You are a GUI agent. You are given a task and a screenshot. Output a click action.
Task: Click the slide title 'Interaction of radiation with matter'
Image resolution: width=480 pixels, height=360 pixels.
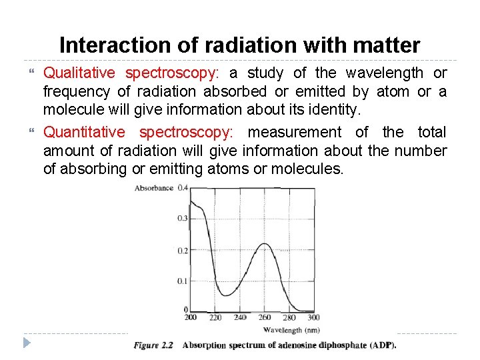(x=240, y=45)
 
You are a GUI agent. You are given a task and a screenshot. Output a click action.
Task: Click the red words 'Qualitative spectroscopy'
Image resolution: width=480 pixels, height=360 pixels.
(x=131, y=73)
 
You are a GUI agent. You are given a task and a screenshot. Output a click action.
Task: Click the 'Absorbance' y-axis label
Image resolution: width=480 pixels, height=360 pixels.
(x=154, y=189)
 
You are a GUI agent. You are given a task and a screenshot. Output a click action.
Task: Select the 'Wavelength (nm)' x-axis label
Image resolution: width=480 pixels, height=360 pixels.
(x=291, y=329)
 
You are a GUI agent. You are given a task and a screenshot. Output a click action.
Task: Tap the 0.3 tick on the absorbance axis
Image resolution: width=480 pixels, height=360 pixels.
(x=182, y=218)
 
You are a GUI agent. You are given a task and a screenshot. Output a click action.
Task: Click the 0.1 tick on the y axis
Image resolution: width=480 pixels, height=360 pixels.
(x=182, y=281)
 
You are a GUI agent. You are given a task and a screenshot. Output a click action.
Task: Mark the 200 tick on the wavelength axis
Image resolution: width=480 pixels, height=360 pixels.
(x=190, y=317)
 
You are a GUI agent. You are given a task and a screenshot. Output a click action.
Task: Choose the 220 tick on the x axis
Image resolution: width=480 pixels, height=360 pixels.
(x=215, y=318)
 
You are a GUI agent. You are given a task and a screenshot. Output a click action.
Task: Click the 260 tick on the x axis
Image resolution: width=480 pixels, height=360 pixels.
(x=265, y=317)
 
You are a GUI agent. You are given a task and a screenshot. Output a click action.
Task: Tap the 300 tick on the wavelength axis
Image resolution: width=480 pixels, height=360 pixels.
(x=313, y=317)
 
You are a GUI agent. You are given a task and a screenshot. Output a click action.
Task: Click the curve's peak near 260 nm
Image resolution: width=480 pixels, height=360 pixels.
(x=265, y=244)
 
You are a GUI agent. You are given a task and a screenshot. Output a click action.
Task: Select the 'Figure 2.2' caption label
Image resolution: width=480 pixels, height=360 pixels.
(x=153, y=345)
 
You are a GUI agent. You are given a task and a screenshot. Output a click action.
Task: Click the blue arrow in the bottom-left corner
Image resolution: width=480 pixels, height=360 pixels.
(x=26, y=343)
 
